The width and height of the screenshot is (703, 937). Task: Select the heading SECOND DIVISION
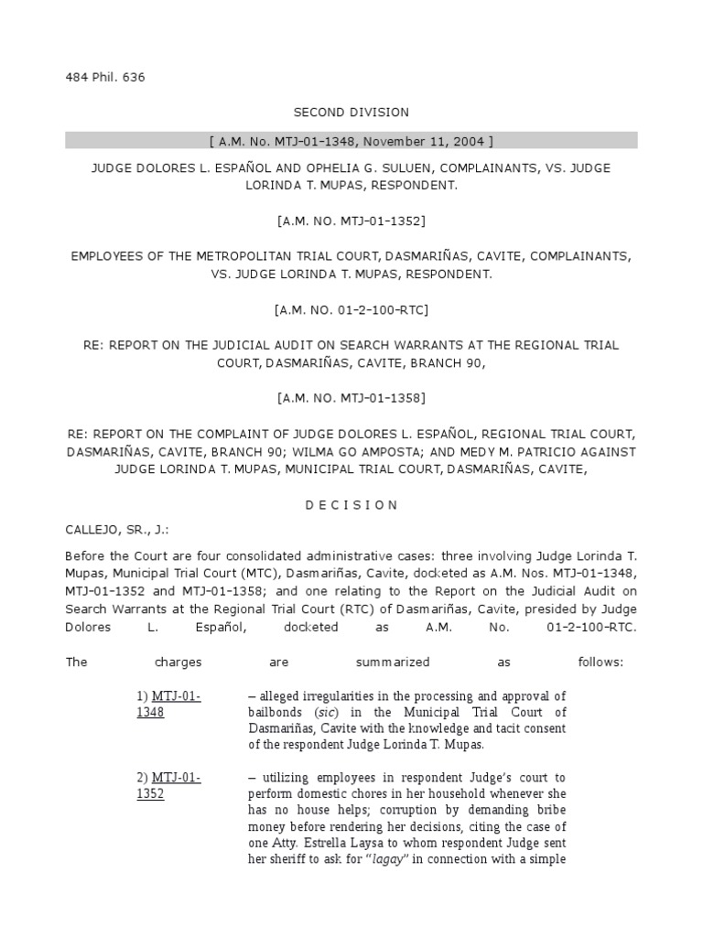click(x=351, y=112)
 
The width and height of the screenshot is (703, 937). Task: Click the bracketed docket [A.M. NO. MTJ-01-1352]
click(x=351, y=221)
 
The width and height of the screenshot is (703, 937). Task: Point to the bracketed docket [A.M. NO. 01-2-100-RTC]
click(x=351, y=310)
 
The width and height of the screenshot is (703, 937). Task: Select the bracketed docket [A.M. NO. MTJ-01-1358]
click(x=351, y=398)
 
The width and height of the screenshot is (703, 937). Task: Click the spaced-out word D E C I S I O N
click(x=351, y=504)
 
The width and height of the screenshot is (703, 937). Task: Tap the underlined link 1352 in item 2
click(x=151, y=794)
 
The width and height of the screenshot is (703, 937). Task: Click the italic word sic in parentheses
click(x=325, y=712)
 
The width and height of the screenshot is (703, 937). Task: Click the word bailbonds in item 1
click(x=276, y=712)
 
